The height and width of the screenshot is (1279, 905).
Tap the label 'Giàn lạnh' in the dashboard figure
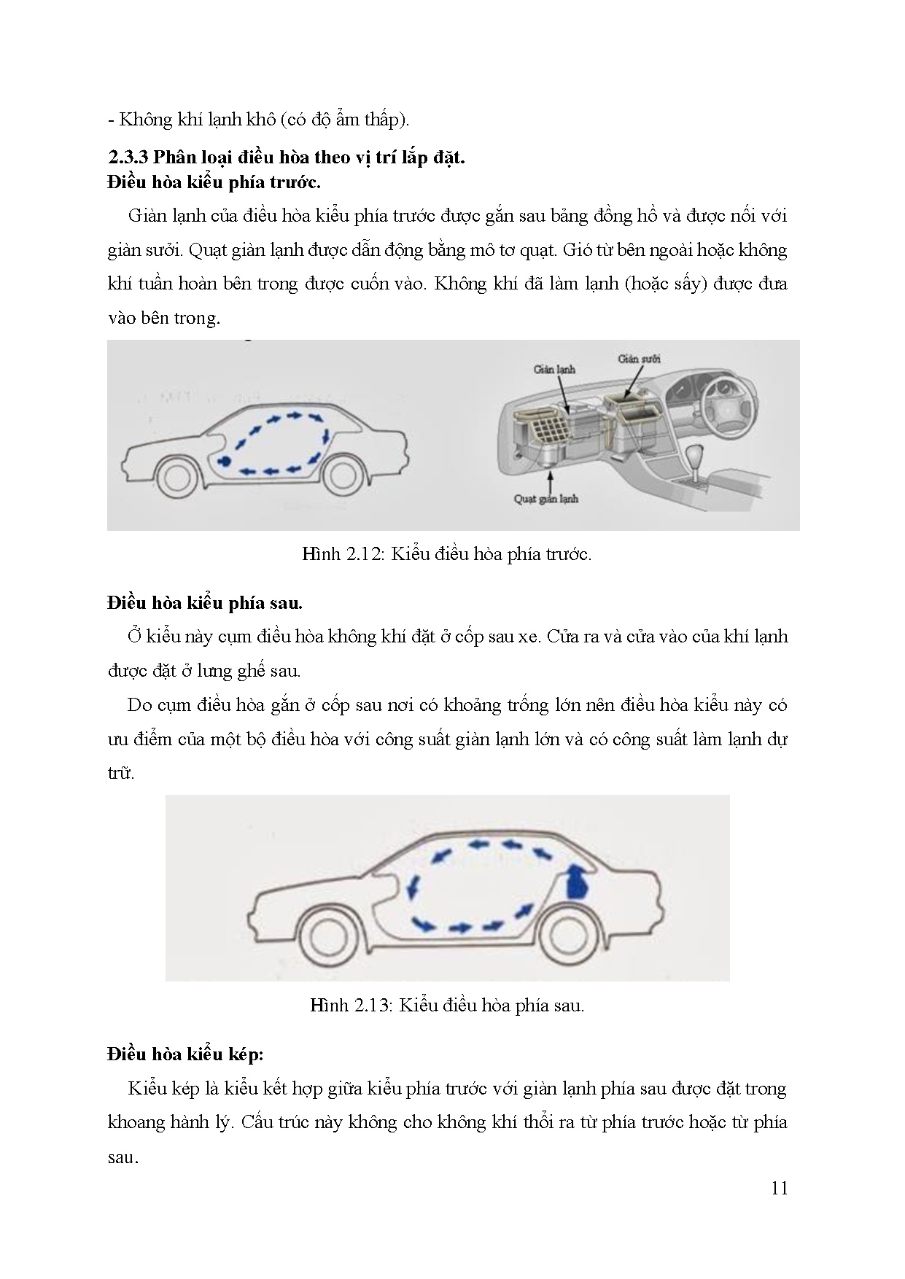tap(554, 369)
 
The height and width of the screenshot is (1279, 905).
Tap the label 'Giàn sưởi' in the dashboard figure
tap(639, 358)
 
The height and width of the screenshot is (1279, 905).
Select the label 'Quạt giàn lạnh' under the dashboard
tap(547, 499)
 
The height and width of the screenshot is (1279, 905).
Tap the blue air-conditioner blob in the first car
tap(224, 461)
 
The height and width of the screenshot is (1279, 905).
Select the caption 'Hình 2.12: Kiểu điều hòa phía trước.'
tap(446, 553)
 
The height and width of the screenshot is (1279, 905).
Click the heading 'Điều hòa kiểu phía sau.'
tap(204, 603)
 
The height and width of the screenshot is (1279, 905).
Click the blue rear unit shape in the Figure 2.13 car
tap(578, 882)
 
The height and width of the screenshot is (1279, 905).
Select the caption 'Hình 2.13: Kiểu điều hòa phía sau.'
tap(446, 1005)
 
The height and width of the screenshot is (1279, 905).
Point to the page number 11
tap(779, 1188)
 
